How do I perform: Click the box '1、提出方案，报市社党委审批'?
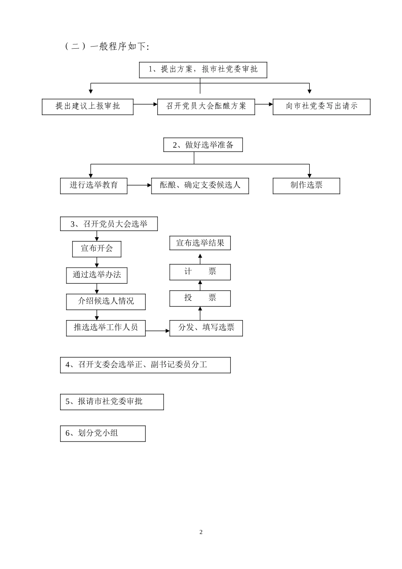click(x=203, y=70)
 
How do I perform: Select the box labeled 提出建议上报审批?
click(x=88, y=107)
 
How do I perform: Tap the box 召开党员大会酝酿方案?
click(x=206, y=107)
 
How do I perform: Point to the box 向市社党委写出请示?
click(x=322, y=107)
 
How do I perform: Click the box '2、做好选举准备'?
click(x=203, y=145)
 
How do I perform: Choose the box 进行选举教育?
click(x=94, y=186)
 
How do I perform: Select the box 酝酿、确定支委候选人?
click(x=200, y=186)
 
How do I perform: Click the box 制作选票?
click(x=306, y=186)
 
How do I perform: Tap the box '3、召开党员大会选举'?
click(x=109, y=224)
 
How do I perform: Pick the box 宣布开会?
click(x=97, y=249)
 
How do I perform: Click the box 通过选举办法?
click(x=97, y=275)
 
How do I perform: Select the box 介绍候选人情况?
click(x=106, y=301)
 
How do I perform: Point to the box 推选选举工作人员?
click(x=106, y=328)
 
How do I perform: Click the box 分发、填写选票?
click(x=206, y=328)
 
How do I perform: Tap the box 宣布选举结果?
click(x=200, y=243)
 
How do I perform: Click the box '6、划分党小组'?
click(x=103, y=434)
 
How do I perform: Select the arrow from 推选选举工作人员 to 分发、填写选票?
click(x=157, y=331)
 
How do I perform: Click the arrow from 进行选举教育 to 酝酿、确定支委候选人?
click(x=139, y=185)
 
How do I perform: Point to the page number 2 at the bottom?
click(x=201, y=532)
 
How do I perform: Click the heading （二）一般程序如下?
click(x=107, y=47)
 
